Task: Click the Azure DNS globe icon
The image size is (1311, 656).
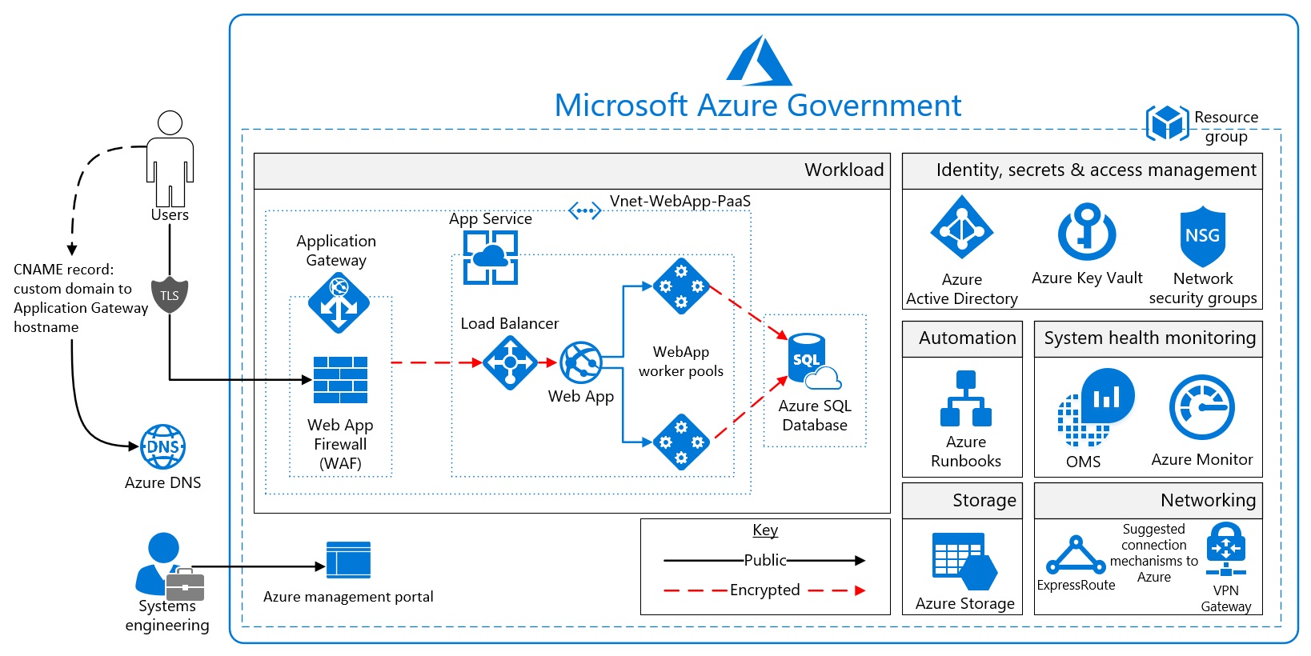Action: coord(163,446)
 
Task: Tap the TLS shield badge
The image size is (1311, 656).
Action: coord(170,295)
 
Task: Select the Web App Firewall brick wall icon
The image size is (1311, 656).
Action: coord(340,380)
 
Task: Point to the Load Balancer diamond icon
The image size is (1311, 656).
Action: coord(510,362)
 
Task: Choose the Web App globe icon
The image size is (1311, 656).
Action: coord(581,362)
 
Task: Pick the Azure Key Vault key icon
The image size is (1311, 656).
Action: coord(1087,231)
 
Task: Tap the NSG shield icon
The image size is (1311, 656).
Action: coord(1202,236)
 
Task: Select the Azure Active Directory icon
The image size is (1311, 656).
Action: coord(961,228)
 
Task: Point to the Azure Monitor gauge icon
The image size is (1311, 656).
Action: coord(1201,407)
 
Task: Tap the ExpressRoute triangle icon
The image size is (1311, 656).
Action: coord(1076,555)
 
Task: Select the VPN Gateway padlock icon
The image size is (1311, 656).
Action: coord(1225,549)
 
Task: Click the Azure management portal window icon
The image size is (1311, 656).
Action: coord(348,560)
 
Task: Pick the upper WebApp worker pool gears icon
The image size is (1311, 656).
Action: coord(681,286)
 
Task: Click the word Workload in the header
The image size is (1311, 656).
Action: coord(844,170)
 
